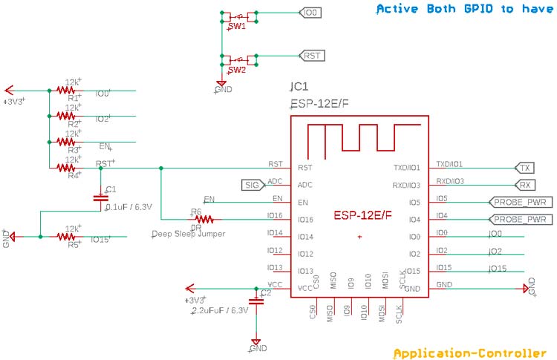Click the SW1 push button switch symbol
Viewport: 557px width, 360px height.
pos(238,14)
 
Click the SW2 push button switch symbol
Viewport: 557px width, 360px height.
pos(238,58)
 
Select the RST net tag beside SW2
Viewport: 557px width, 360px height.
pos(311,56)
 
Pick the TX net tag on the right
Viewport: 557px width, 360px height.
pos(524,167)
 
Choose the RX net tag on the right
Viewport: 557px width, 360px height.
pos(524,185)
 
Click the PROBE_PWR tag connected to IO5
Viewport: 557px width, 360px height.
pos(519,202)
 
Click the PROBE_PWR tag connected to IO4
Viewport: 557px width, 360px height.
pos(519,220)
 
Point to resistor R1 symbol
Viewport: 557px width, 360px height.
pos(73,91)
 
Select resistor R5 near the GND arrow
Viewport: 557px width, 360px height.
pos(73,237)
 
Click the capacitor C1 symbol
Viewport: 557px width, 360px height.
pos(100,198)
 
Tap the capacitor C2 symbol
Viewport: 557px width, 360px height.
pos(256,301)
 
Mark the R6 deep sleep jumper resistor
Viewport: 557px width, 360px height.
pos(203,219)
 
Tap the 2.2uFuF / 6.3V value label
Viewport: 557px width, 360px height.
pos(215,310)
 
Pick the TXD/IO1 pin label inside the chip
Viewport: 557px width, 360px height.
pos(407,168)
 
